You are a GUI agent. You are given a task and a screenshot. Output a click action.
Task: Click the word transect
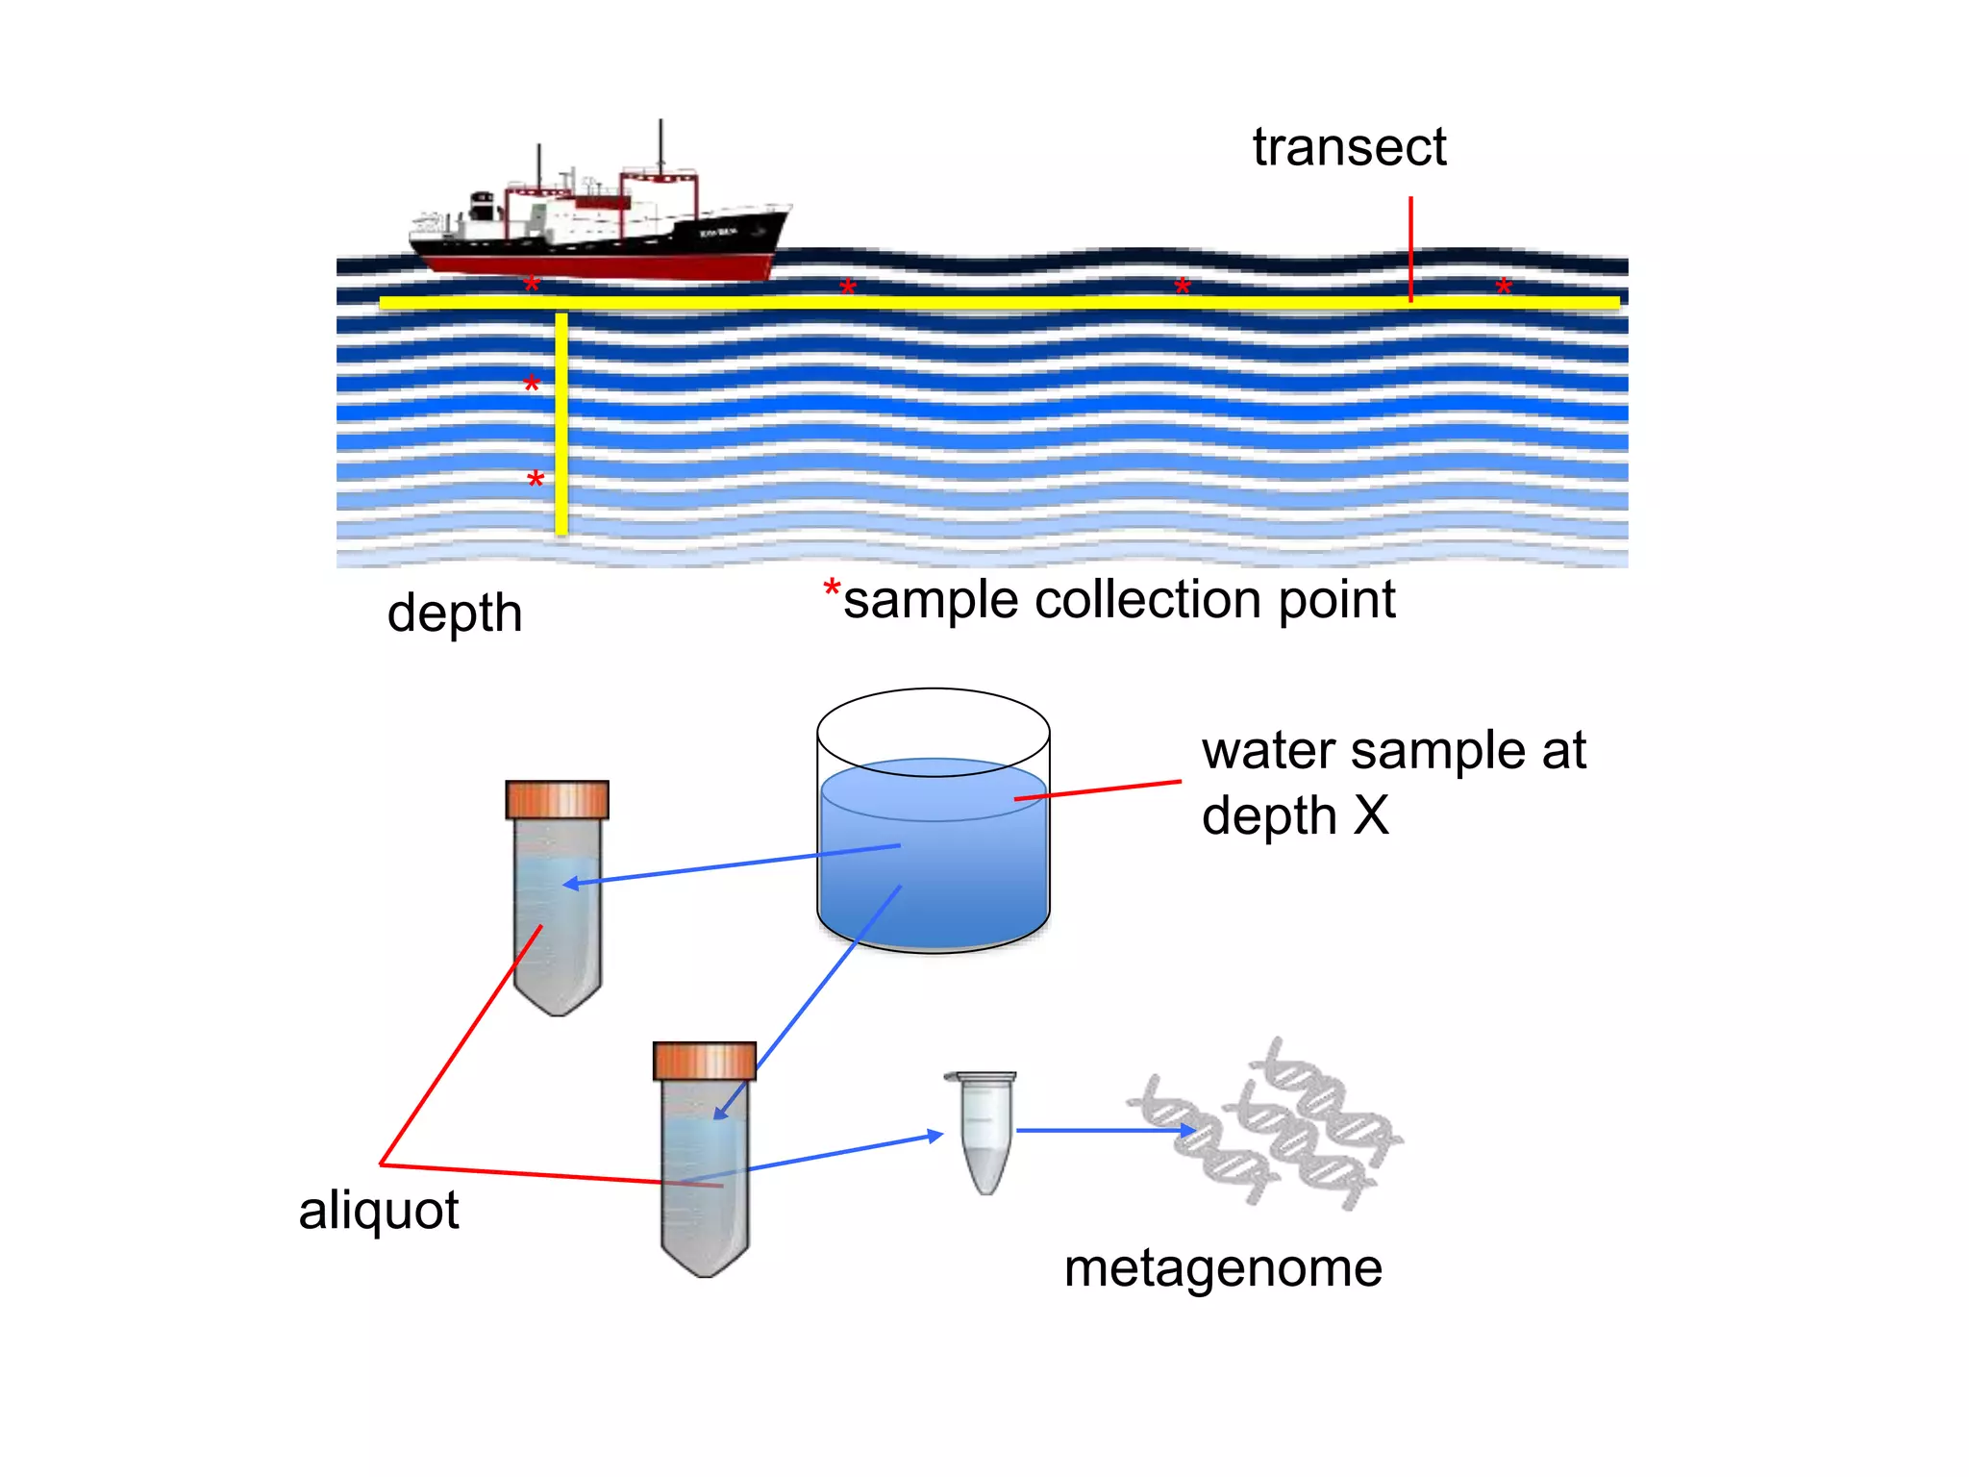tap(1348, 147)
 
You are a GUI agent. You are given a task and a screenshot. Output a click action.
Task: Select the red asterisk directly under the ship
tap(532, 285)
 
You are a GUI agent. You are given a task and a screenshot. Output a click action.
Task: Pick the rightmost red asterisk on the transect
tap(1504, 287)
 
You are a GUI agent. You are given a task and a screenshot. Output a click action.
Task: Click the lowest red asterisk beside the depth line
tap(536, 480)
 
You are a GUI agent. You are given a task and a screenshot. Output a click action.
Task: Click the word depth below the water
tap(454, 613)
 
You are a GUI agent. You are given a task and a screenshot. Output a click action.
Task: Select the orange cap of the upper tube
tap(557, 799)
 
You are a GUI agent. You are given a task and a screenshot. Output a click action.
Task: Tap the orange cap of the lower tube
tap(704, 1061)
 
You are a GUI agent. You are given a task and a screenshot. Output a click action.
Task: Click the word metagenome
tap(1222, 1267)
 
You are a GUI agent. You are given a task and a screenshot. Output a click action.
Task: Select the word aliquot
tap(378, 1210)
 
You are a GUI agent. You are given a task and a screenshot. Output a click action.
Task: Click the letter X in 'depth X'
tap(1371, 815)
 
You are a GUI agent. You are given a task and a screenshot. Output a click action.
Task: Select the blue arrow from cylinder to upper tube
tap(731, 864)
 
